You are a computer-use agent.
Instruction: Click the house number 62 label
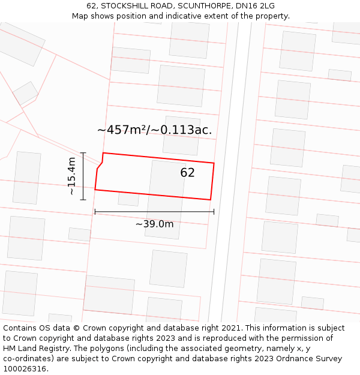[x=187, y=173]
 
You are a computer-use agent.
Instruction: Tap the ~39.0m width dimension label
[x=154, y=224]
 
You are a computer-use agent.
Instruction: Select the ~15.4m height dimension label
[x=71, y=176]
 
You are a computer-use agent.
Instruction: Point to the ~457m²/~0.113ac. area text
[x=154, y=130]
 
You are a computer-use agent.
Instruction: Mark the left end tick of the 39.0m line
[x=95, y=212]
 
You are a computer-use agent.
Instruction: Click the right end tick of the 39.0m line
[x=214, y=212]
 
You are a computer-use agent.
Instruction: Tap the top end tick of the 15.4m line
[x=83, y=153]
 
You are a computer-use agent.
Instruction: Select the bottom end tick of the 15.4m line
[x=83, y=199]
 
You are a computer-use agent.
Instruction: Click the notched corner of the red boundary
[x=98, y=169]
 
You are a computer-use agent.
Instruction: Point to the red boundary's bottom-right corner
[x=210, y=200]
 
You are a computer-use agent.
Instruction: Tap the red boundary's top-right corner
[x=214, y=163]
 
